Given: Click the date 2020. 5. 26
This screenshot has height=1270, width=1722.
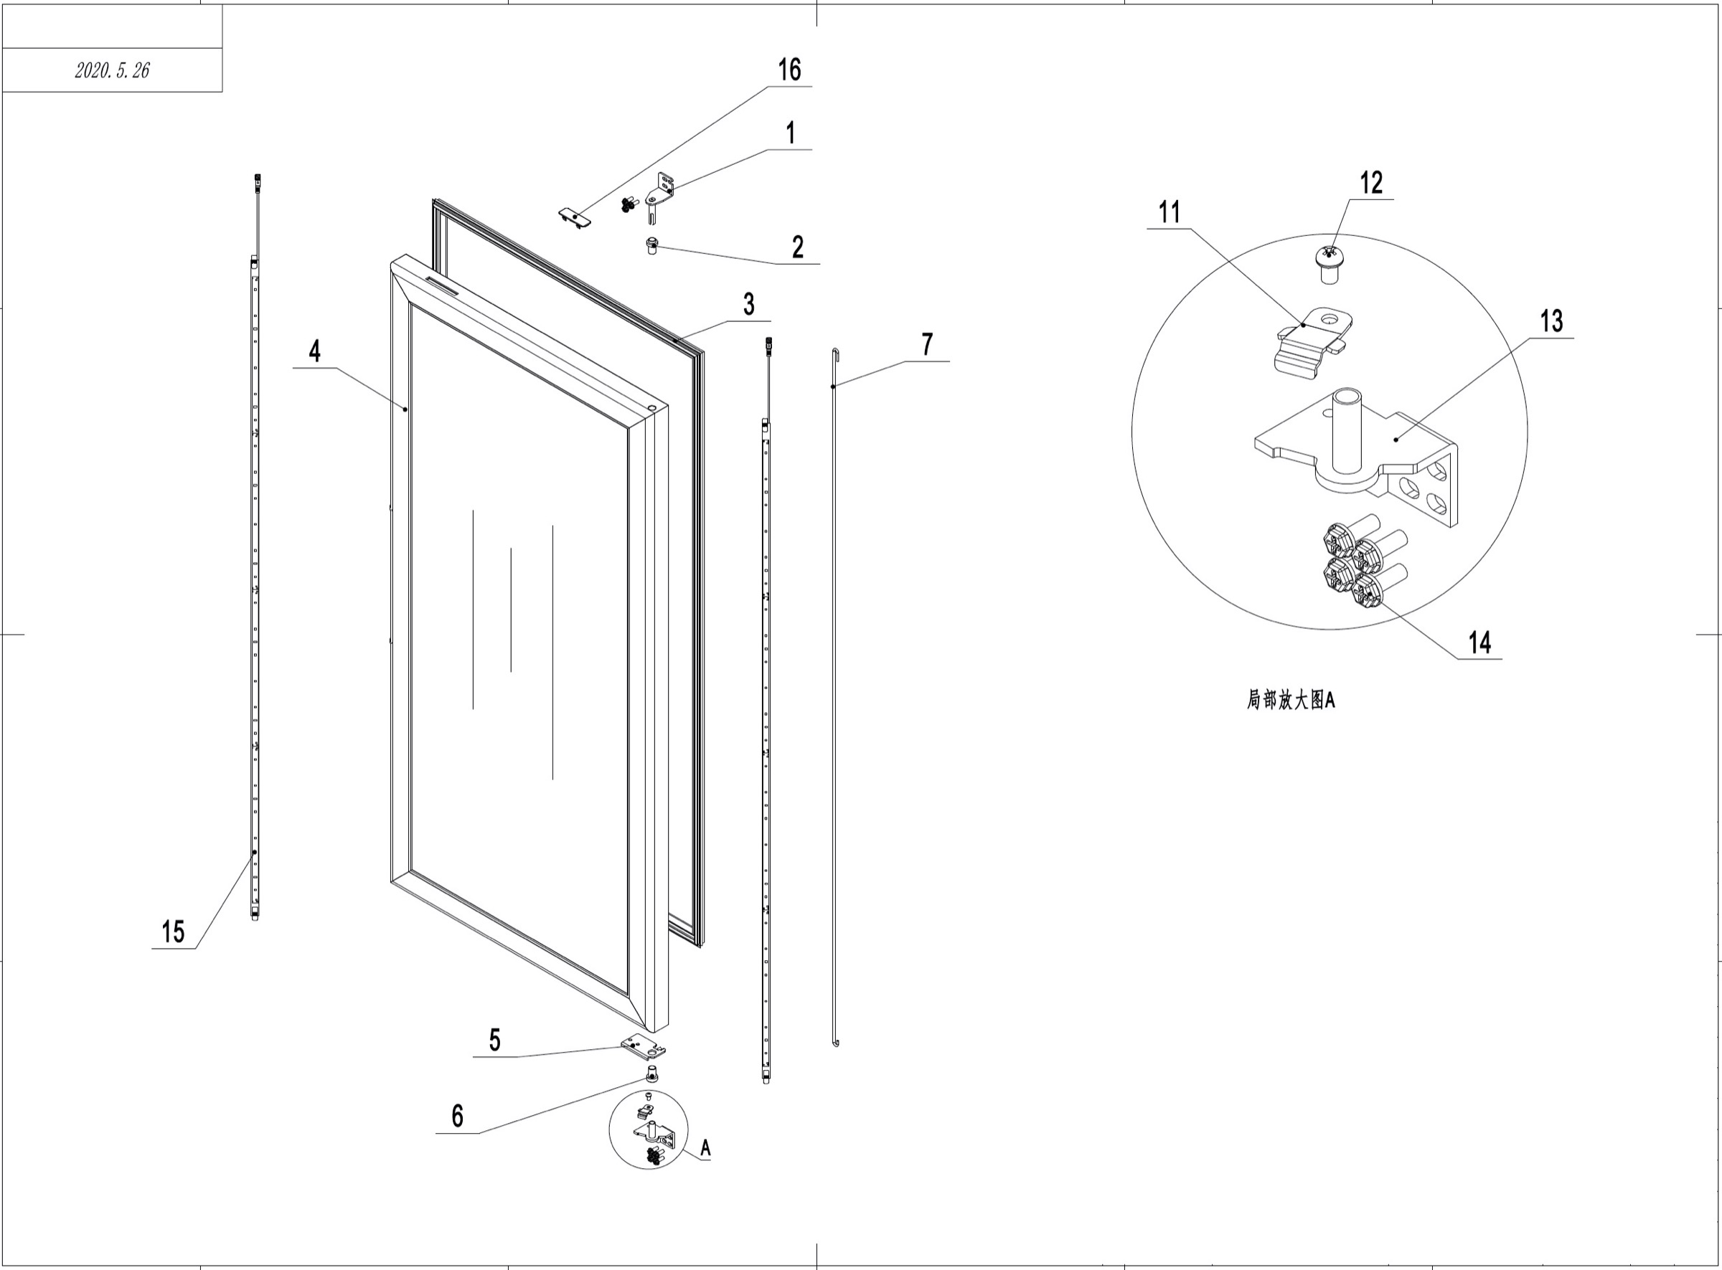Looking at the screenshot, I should [112, 71].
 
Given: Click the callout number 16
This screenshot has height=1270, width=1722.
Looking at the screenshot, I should [789, 70].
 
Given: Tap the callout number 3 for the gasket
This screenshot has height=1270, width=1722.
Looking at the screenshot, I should [749, 305].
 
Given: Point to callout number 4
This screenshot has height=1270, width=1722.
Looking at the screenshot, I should [314, 351].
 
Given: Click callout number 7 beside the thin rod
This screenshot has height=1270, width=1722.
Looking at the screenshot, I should [928, 344].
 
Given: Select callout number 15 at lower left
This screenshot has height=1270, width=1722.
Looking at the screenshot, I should [173, 932].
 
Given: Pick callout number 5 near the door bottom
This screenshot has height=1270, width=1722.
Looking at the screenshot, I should [494, 1040].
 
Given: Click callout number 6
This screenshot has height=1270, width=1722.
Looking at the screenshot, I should [458, 1116].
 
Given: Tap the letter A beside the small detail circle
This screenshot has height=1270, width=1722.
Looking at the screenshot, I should [705, 1149].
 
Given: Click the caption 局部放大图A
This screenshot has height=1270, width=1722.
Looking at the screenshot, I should [1291, 701].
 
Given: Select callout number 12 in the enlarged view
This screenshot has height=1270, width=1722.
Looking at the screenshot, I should [1371, 183].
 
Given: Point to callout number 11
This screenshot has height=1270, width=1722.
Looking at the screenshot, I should [1169, 212].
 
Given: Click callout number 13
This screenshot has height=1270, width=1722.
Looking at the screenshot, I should [1551, 321].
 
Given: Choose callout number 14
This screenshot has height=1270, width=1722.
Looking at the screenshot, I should [1479, 643].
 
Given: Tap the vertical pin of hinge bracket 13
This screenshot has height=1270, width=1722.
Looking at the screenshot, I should [1347, 430].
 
